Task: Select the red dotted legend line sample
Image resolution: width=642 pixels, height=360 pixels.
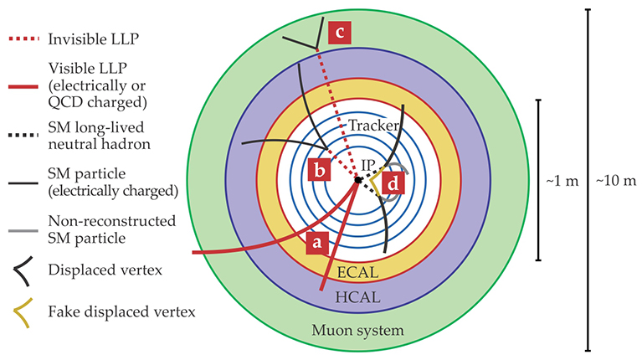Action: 24,39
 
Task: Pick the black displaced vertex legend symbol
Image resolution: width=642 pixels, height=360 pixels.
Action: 24,271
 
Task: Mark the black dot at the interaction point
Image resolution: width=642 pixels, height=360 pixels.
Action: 358,180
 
